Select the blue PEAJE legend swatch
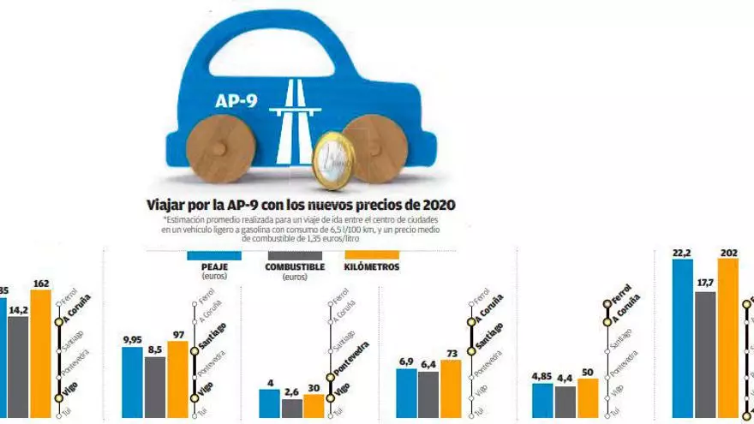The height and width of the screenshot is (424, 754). click(x=214, y=255)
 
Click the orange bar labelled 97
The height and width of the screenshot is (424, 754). click(x=177, y=379)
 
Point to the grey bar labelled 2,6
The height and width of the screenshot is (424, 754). click(x=292, y=408)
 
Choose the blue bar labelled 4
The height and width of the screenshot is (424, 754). click(x=270, y=404)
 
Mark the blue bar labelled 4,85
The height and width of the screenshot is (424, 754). click(x=542, y=400)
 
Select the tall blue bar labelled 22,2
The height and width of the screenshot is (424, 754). click(x=682, y=339)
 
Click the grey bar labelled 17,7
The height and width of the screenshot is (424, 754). click(x=705, y=355)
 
